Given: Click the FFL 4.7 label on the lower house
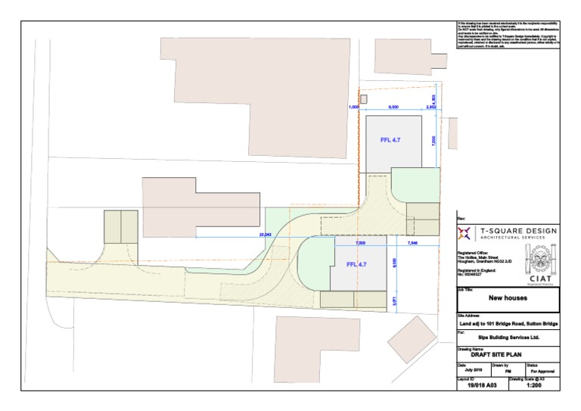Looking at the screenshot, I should (x=356, y=265).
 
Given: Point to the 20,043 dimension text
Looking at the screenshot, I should (x=265, y=235).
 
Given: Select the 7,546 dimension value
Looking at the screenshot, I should (x=412, y=244).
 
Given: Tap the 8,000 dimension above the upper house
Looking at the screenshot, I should (x=393, y=108).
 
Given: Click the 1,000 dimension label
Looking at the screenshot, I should (x=353, y=108).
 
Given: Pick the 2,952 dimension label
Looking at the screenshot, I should (x=431, y=108).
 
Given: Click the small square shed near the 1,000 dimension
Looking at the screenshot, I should (x=362, y=98).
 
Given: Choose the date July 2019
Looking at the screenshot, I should (x=473, y=371).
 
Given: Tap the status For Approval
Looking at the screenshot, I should (x=542, y=371).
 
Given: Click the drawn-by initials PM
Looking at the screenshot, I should (x=508, y=371).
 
